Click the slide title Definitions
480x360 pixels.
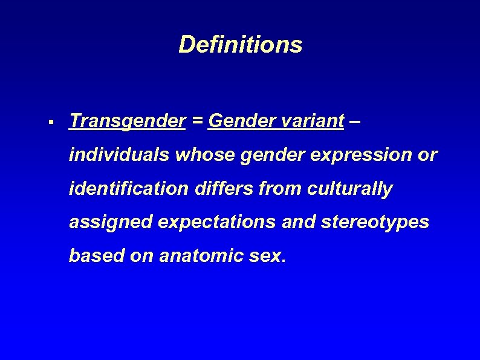tap(240, 44)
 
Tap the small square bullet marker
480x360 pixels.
tap(53, 123)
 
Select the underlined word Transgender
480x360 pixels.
tap(128, 122)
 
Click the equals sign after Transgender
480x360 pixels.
tap(197, 122)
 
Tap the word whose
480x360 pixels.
tap(203, 155)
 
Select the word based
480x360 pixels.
tap(94, 256)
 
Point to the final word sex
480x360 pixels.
tap(268, 257)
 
